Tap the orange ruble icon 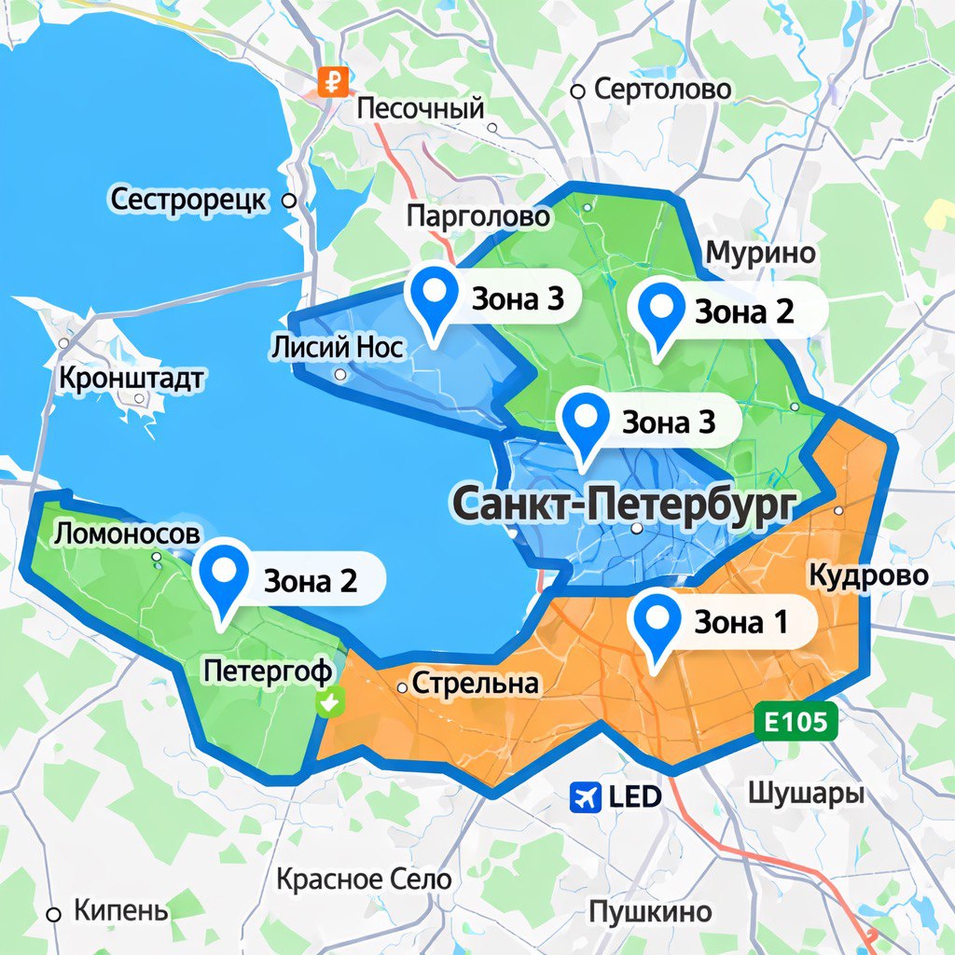[332, 81]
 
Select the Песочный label [422, 109]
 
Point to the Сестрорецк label [189, 200]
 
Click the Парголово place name [477, 216]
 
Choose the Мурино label [760, 253]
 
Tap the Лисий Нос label [337, 348]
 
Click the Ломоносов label [127, 533]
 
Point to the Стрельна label [475, 684]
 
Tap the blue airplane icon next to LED [587, 796]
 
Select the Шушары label [805, 794]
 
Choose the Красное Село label [364, 879]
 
